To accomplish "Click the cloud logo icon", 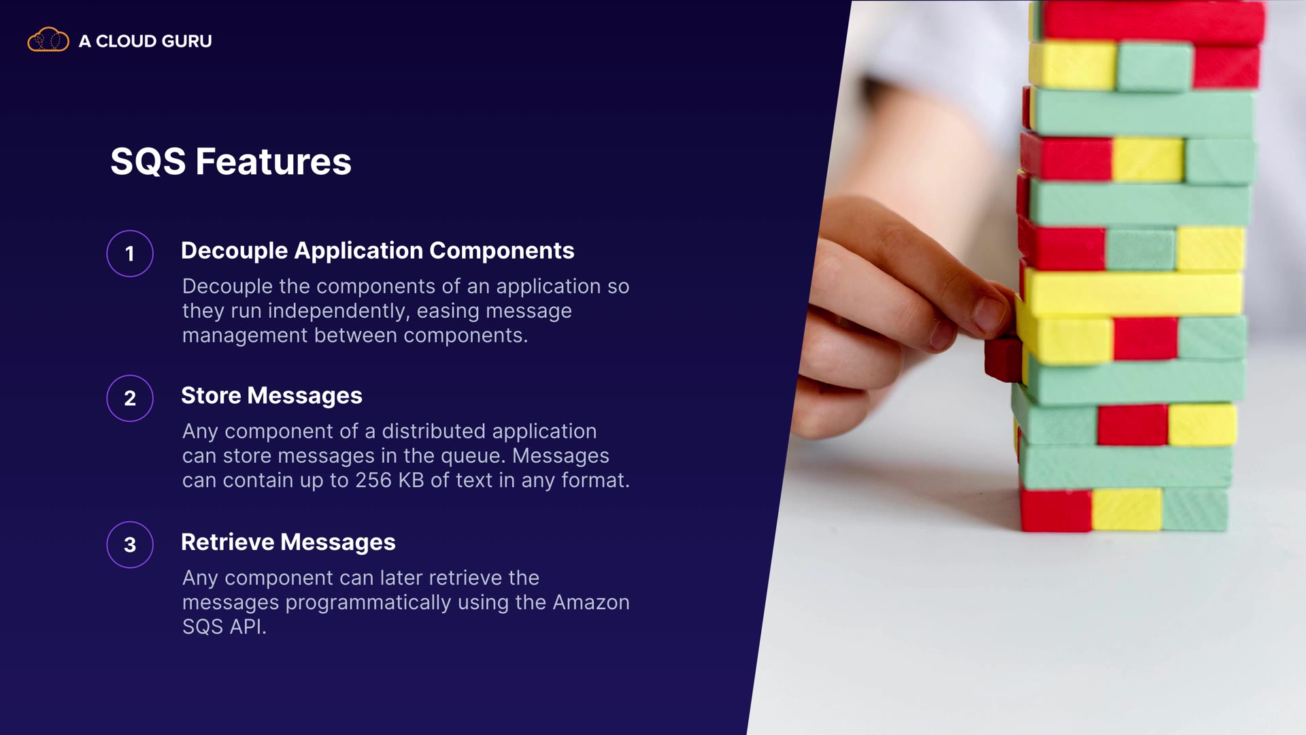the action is (x=48, y=40).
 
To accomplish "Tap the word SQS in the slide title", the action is (x=148, y=162).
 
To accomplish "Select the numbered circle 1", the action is (x=130, y=254).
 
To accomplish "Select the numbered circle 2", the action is (x=130, y=398).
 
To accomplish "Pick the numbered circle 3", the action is (x=130, y=544).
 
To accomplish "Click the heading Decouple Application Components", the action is (x=378, y=251).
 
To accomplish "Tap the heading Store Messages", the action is (x=271, y=395).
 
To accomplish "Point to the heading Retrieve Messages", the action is (x=288, y=542).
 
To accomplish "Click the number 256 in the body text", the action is (x=373, y=480).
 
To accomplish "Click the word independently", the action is (x=339, y=311).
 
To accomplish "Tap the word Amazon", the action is (x=591, y=602).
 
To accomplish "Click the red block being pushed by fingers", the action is (x=1003, y=359).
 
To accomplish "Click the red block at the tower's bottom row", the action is (x=1056, y=509).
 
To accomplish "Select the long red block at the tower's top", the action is (x=1154, y=22).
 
